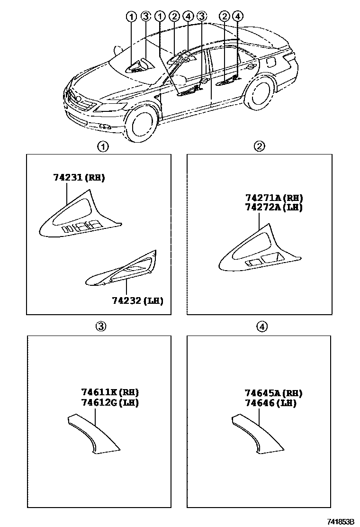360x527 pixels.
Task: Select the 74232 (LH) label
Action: point(137,300)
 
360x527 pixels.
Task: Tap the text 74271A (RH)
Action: point(274,198)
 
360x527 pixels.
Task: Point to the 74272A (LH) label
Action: point(274,207)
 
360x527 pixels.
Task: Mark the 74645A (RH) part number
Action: point(273,393)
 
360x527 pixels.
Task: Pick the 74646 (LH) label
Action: point(270,403)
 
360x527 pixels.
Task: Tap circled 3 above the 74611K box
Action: point(101,326)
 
